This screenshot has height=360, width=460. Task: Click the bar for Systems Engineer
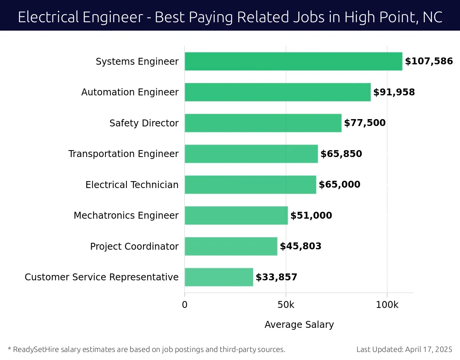[293, 61]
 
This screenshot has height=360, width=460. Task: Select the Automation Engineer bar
[278, 92]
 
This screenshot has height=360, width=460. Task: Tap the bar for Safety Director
[263, 123]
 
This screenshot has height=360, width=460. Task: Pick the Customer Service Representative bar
[219, 277]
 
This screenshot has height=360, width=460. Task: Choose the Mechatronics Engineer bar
[236, 215]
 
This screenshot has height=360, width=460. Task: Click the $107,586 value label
[429, 61]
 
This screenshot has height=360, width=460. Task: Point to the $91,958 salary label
[394, 92]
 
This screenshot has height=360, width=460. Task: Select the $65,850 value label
[341, 154]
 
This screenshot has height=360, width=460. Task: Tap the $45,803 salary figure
[301, 246]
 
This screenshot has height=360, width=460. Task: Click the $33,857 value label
[276, 277]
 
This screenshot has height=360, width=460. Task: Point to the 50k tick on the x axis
[286, 305]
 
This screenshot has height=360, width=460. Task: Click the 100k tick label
[387, 305]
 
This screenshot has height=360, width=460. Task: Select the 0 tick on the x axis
[185, 305]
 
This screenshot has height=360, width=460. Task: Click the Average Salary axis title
[299, 325]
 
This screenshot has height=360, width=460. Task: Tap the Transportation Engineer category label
[123, 154]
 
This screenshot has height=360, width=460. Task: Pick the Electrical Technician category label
[132, 185]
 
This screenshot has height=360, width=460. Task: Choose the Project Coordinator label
[134, 247]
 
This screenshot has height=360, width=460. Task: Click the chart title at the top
[230, 17]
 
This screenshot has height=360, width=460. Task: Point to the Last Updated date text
[404, 349]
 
